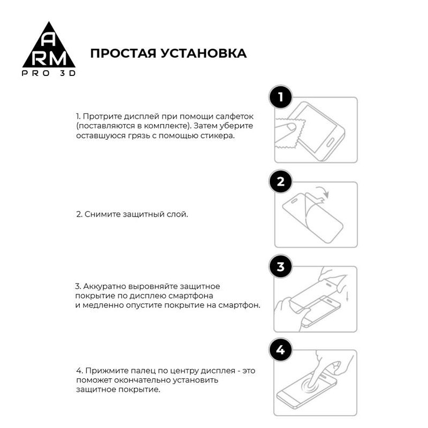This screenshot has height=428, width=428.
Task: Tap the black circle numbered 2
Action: coord(281,182)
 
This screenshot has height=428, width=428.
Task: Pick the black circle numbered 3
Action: coord(281,266)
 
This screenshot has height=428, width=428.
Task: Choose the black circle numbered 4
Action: coord(281,350)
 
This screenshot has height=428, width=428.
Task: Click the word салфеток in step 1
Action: coord(236,116)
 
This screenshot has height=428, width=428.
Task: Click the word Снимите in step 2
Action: coord(98,214)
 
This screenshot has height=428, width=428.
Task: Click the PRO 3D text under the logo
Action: coord(48,73)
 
